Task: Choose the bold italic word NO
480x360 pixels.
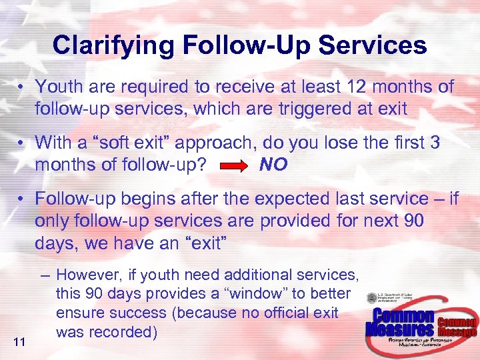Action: tap(273, 165)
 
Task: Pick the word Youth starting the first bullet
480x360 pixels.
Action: tap(56, 87)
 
